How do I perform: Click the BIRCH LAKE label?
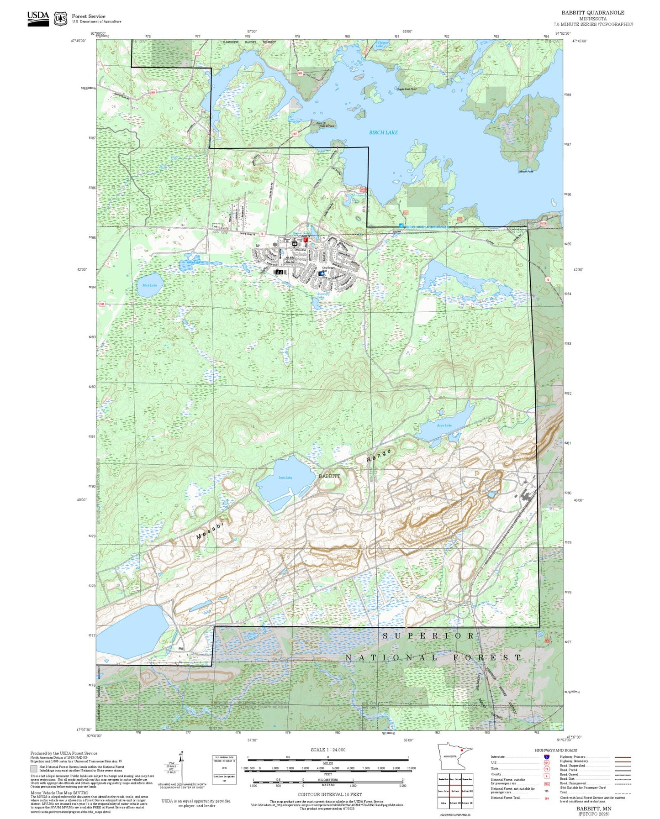click(x=383, y=132)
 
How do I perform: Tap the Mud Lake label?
click(x=149, y=285)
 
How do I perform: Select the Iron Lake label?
click(x=285, y=478)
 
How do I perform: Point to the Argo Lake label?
click(x=444, y=425)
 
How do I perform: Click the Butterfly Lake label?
click(x=323, y=296)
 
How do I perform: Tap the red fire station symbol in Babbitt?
click(x=306, y=239)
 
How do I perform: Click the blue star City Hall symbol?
click(x=322, y=273)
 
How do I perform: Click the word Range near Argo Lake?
click(x=379, y=456)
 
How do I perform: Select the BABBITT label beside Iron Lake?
click(x=329, y=476)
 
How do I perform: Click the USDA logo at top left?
click(x=38, y=18)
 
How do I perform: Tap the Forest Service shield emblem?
click(x=60, y=19)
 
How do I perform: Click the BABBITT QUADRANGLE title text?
click(x=593, y=13)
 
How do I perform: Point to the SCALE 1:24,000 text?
click(x=328, y=750)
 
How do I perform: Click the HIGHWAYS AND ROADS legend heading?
click(x=556, y=750)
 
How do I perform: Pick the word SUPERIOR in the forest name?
click(x=428, y=635)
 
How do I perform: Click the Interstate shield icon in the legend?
click(x=547, y=756)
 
